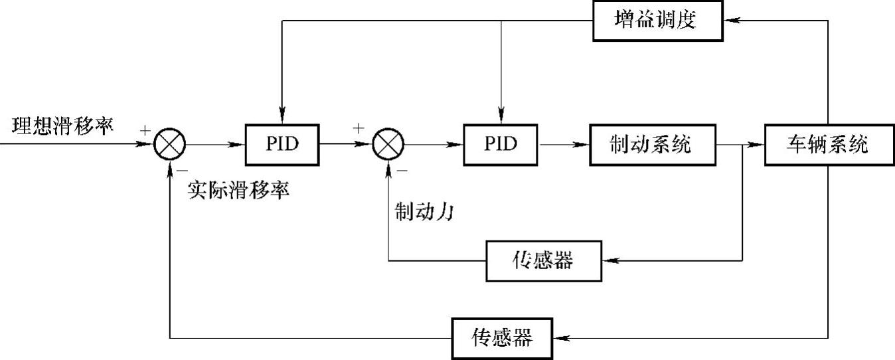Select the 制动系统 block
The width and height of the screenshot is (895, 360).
[x=650, y=144]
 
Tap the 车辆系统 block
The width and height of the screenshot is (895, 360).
[x=827, y=144]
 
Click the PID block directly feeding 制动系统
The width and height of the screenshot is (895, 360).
[x=501, y=144]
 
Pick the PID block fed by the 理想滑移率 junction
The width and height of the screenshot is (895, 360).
[x=282, y=144]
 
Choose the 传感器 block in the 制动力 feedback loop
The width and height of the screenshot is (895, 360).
[x=543, y=260]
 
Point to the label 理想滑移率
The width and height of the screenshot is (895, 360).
[x=62, y=124]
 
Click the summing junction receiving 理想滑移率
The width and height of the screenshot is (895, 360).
[x=170, y=144]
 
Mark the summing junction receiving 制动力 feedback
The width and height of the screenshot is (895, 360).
[x=388, y=144]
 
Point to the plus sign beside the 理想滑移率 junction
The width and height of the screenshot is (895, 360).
[x=145, y=130]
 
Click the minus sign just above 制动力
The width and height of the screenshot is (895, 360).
[x=402, y=170]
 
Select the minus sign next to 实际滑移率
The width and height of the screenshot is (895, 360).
[x=182, y=171]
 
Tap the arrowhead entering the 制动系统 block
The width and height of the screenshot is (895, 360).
[x=583, y=144]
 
